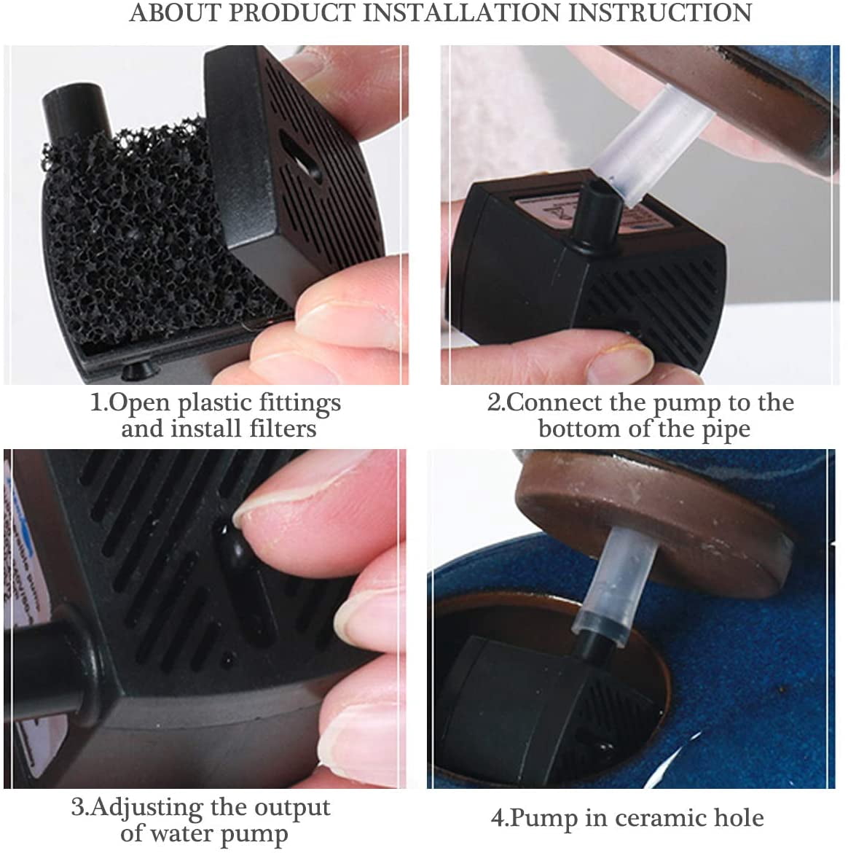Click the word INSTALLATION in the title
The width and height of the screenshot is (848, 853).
click(x=460, y=12)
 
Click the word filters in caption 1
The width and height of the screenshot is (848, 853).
click(x=283, y=428)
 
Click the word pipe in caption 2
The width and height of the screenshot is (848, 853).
click(x=726, y=429)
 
